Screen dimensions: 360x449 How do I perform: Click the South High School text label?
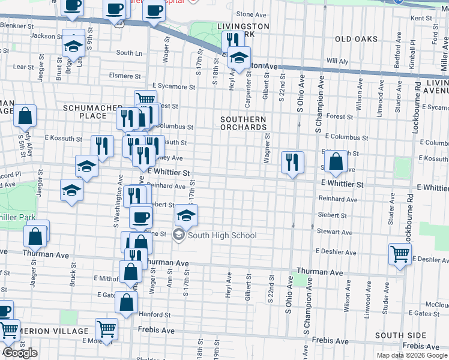(x=222, y=235)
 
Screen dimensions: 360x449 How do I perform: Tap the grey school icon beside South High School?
(x=179, y=235)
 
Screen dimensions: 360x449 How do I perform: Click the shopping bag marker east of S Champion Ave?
(x=337, y=161)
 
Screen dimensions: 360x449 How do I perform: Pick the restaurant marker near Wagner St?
(x=292, y=162)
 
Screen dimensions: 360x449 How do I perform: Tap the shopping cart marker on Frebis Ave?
(x=106, y=329)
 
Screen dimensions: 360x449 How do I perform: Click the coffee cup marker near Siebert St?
(x=141, y=217)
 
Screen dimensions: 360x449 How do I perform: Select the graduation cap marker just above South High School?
(x=187, y=215)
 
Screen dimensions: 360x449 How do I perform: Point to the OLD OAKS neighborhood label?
(x=357, y=39)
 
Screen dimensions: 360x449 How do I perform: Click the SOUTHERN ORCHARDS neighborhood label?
(x=243, y=123)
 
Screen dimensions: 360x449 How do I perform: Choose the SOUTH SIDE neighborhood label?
(x=397, y=335)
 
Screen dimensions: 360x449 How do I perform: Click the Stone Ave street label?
(x=251, y=14)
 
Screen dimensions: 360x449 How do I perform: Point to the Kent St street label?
(x=421, y=19)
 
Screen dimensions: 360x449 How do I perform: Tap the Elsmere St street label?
(x=124, y=76)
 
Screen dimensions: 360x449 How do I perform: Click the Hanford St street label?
(x=155, y=314)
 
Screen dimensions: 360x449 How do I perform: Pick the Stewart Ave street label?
(x=335, y=232)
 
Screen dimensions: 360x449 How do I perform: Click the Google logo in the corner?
(x=20, y=353)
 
